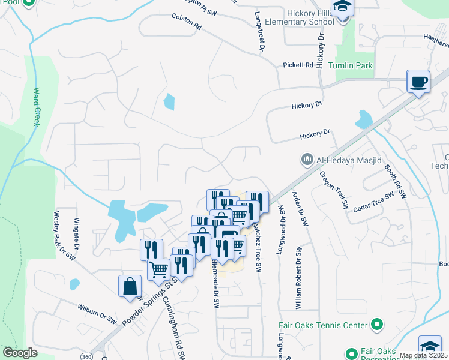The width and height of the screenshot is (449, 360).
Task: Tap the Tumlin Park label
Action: [354, 65]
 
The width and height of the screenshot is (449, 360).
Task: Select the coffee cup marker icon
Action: [418, 82]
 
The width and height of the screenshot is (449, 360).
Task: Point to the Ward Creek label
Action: [37, 107]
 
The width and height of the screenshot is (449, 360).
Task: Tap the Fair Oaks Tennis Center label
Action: [323, 325]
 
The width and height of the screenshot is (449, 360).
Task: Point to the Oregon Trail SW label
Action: [334, 190]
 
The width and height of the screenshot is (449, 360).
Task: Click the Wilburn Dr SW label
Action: [97, 313]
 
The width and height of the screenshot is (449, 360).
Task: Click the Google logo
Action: [20, 353]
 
